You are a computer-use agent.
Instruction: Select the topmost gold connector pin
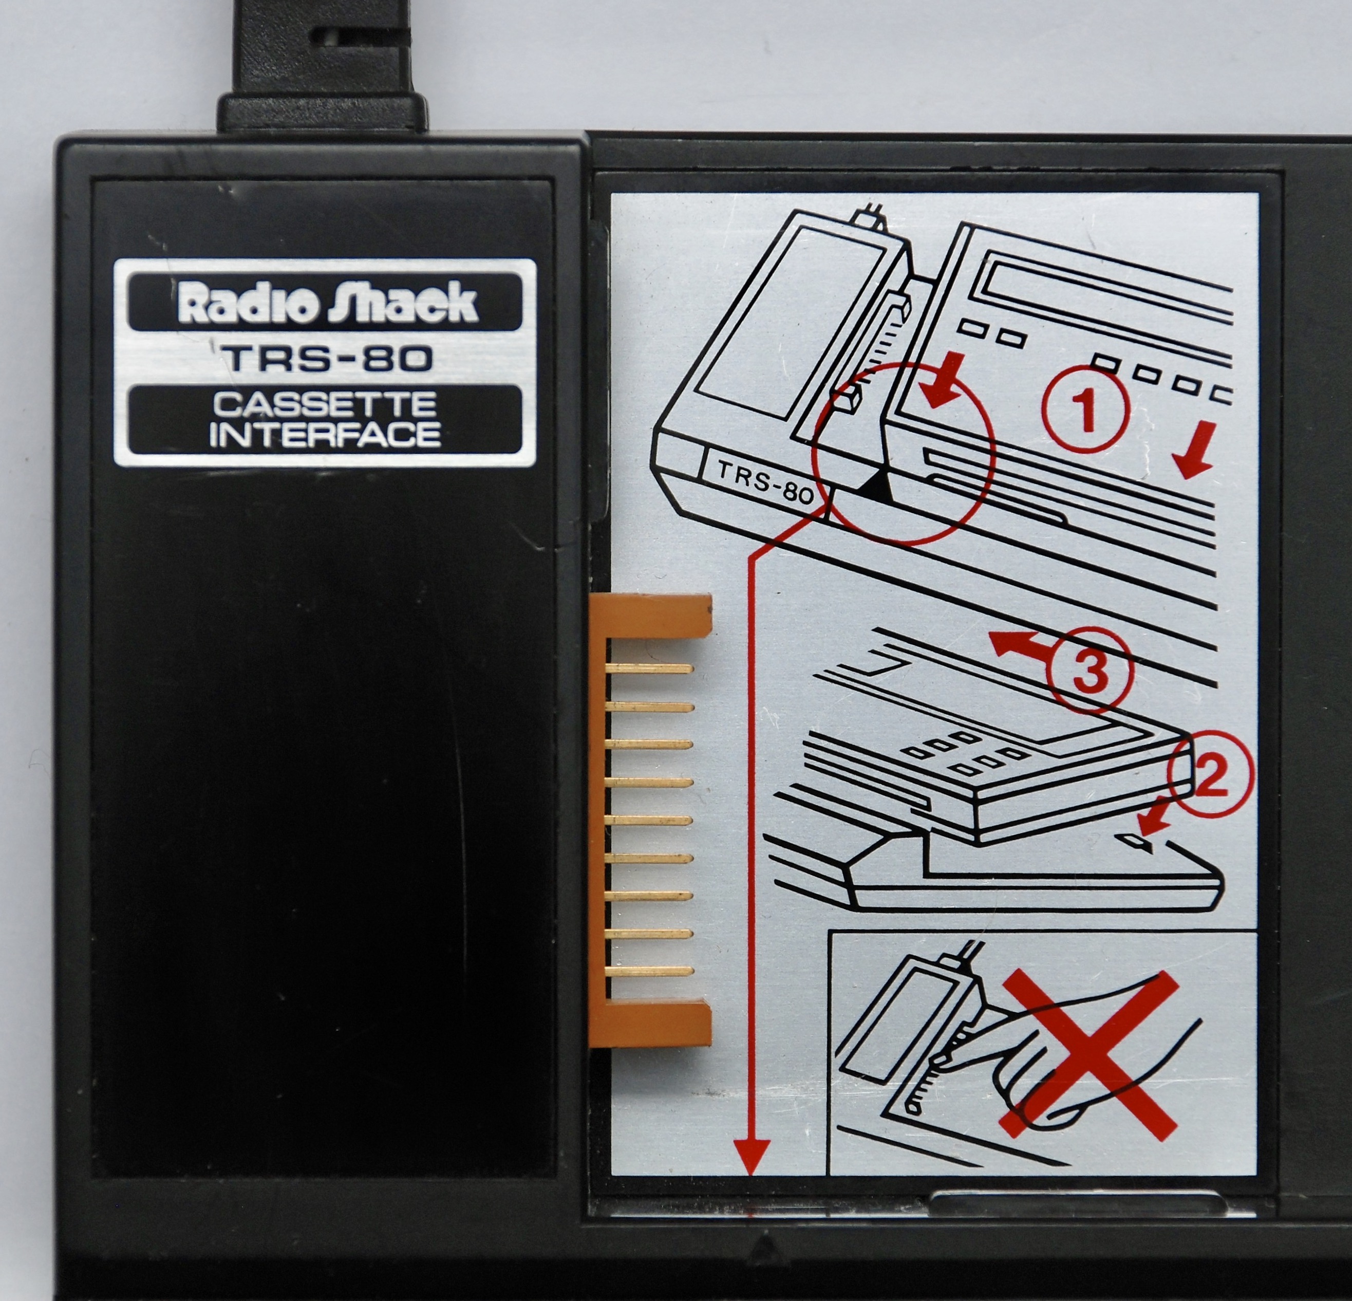(x=648, y=668)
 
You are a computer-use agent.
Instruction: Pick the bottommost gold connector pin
(x=648, y=971)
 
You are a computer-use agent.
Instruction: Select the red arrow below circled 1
(x=1195, y=459)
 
